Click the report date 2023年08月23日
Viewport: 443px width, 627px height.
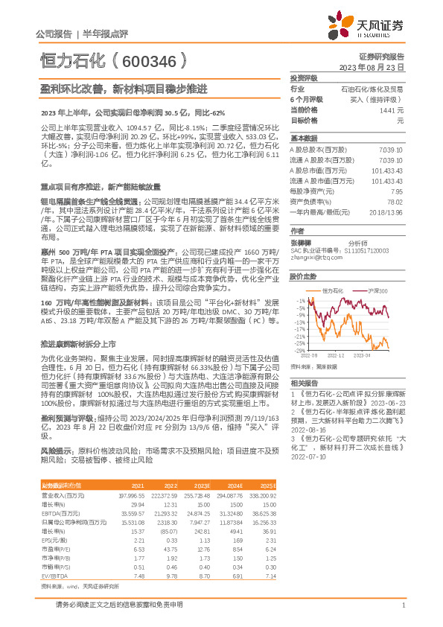(x=380, y=67)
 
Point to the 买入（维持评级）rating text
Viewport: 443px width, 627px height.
(x=382, y=99)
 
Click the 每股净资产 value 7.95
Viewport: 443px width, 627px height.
(x=396, y=191)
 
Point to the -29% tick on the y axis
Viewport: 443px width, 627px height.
(x=300, y=350)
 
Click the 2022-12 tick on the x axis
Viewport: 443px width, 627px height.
(x=337, y=356)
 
